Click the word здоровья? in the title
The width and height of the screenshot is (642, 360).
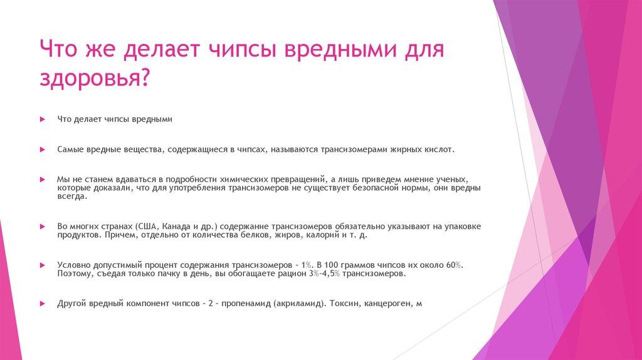(x=95, y=78)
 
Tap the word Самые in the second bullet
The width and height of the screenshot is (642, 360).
(x=69, y=150)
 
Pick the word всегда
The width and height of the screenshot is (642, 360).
(x=72, y=196)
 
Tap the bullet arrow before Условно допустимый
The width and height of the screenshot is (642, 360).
(x=42, y=265)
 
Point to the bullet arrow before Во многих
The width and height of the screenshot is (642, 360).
(x=42, y=226)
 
